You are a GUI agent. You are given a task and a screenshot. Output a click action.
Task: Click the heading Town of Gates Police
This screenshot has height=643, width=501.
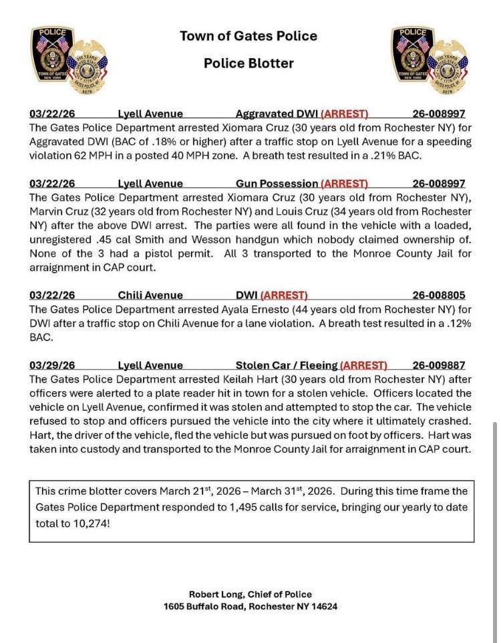248,36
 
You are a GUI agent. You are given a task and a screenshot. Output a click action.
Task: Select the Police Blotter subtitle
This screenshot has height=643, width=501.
248,64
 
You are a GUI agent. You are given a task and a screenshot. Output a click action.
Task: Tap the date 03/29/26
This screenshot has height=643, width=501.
50,365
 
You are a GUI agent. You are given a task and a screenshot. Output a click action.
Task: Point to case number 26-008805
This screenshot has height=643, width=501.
438,294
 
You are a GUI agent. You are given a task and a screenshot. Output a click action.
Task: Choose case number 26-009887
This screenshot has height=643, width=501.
438,365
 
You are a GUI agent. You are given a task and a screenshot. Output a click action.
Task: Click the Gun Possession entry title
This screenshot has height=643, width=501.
277,184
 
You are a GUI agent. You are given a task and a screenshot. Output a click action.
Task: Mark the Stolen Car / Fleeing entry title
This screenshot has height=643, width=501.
287,365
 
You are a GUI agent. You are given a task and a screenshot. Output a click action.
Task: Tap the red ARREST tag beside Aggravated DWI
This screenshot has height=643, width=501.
345,114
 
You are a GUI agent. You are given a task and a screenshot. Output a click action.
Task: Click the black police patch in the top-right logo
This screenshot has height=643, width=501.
412,53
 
